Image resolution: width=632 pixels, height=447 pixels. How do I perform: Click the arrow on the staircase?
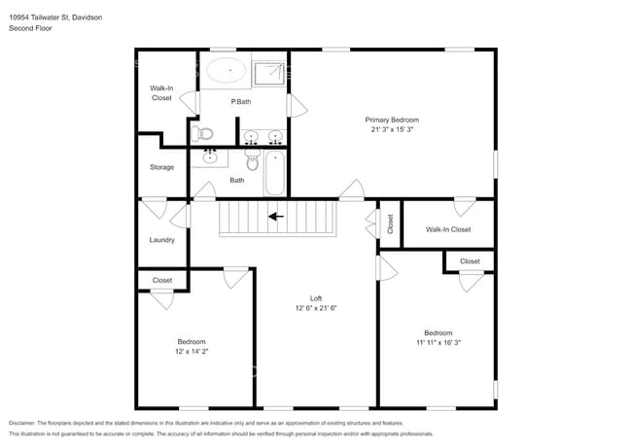pyautogui.click(x=276, y=217)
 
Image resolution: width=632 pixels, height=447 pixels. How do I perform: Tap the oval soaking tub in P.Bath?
pyautogui.click(x=227, y=70)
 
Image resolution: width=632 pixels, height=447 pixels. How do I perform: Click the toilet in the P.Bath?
pyautogui.click(x=201, y=133)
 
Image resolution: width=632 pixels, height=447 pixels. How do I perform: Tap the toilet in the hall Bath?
pyautogui.click(x=252, y=161)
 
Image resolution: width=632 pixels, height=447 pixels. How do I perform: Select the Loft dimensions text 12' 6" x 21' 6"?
pyautogui.click(x=316, y=308)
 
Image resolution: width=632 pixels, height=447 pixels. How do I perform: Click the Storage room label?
pyautogui.click(x=161, y=167)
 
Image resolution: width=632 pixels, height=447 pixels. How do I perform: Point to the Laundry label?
pyautogui.click(x=161, y=240)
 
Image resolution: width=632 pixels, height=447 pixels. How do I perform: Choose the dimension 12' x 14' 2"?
pyautogui.click(x=192, y=352)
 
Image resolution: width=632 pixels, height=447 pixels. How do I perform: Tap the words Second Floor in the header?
pyautogui.click(x=30, y=29)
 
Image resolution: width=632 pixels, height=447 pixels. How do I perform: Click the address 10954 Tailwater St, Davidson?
pyautogui.click(x=55, y=17)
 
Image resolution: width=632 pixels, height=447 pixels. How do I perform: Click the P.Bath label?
pyautogui.click(x=240, y=102)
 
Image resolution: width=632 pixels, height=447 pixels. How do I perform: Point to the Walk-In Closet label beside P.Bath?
pyautogui.click(x=161, y=92)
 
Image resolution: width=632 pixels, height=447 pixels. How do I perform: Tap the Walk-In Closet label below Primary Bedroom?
pyautogui.click(x=448, y=229)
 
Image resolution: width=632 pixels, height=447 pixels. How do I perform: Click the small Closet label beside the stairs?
pyautogui.click(x=390, y=224)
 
